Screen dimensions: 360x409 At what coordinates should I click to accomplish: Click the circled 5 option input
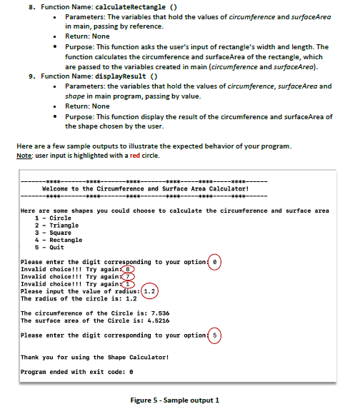215,335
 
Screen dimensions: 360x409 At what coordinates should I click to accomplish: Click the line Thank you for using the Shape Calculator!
94,356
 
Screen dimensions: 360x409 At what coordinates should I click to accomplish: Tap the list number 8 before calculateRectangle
29,5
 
